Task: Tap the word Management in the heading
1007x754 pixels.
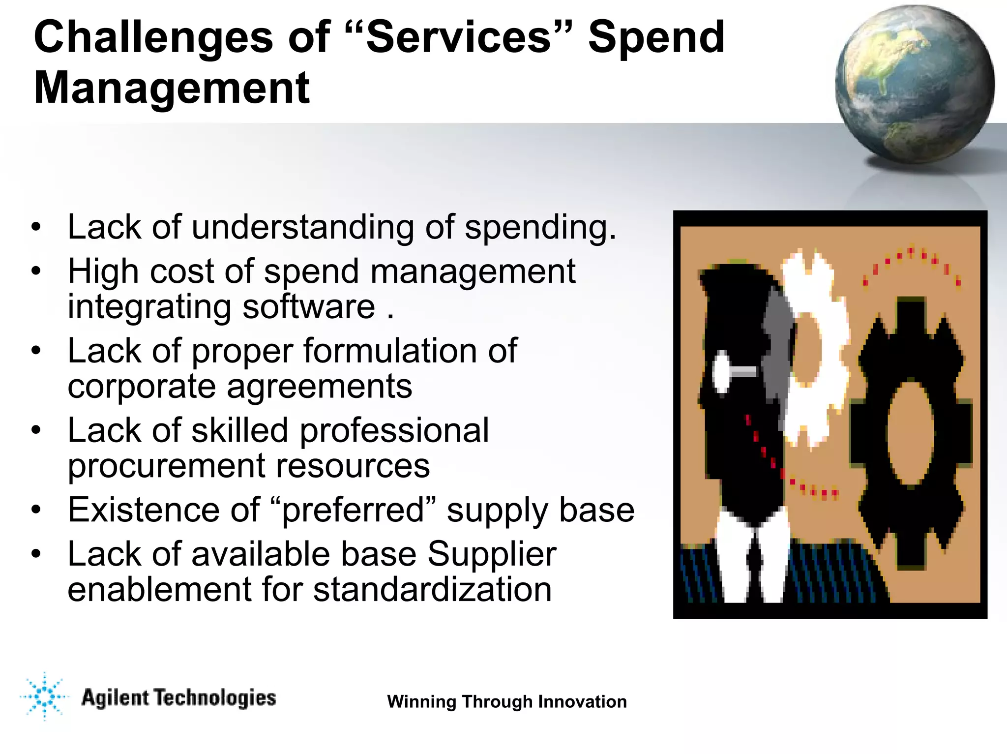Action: [x=172, y=88]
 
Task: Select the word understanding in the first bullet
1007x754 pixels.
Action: [x=302, y=228]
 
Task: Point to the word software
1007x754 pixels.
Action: [x=309, y=306]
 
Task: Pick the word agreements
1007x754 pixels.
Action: [x=320, y=387]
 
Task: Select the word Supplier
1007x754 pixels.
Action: [x=492, y=554]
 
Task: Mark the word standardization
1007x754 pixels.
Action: [x=432, y=590]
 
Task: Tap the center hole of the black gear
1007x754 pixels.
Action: [x=910, y=433]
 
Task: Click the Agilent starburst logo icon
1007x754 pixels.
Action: [x=44, y=696]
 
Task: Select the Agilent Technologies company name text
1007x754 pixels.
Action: [x=178, y=698]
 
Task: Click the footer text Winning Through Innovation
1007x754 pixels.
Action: [x=507, y=702]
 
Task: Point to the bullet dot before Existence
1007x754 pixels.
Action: [x=36, y=510]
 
